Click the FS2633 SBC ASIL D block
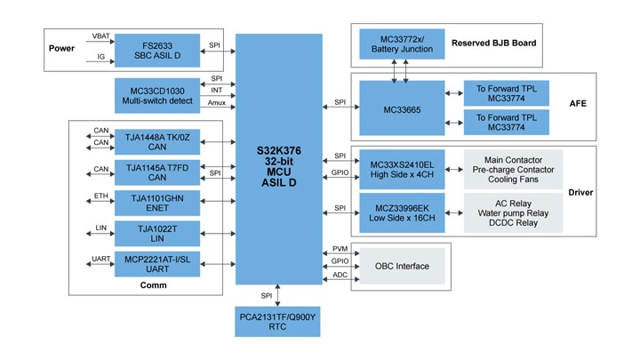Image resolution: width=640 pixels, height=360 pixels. click(157, 51)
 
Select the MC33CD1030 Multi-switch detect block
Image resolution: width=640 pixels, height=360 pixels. click(157, 95)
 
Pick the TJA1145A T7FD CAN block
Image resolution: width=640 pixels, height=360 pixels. click(157, 172)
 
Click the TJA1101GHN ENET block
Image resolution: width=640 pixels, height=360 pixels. click(157, 204)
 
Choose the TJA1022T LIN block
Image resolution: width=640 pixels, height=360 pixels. click(157, 234)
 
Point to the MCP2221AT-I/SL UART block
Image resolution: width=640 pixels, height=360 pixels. click(157, 264)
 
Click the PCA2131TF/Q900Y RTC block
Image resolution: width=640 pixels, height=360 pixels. click(279, 321)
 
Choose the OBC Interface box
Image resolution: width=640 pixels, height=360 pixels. click(401, 267)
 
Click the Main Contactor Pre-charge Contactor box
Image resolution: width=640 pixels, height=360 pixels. click(514, 169)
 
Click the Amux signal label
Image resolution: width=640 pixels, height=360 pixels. click(217, 104)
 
